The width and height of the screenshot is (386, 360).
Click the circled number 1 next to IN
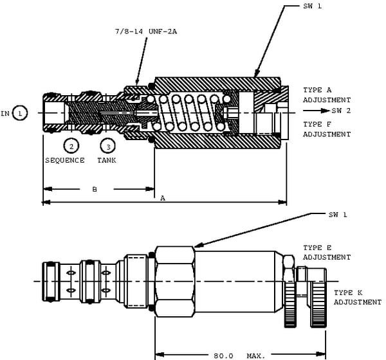coord(20,113)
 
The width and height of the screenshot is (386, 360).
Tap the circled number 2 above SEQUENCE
coord(71,146)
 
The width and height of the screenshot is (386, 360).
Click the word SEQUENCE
coord(64,160)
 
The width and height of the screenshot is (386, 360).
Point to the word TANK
coord(107,160)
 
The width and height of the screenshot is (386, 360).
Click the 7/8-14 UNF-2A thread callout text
coord(145,31)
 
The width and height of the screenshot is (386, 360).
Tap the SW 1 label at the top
coord(312,6)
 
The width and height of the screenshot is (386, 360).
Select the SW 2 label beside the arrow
coord(342,111)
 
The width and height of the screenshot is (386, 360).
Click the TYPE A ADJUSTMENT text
coord(327,95)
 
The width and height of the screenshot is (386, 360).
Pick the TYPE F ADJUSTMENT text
coord(327,129)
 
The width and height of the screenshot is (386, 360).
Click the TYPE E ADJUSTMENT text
coord(327,252)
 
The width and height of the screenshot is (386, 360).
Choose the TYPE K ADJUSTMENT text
coord(357,297)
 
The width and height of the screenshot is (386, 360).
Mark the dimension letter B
coord(95,189)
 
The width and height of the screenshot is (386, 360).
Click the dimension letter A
coord(163,199)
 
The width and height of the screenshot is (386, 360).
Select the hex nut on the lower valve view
coord(175,281)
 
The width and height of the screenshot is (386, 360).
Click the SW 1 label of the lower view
coord(338,215)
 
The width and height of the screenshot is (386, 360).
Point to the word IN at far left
coord(5,114)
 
